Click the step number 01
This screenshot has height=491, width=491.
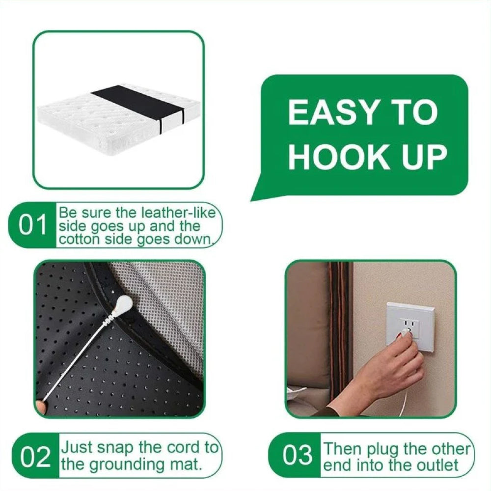coord(32,225)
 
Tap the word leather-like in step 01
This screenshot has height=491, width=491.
coord(179,213)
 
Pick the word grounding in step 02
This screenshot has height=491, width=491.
coord(127,464)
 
